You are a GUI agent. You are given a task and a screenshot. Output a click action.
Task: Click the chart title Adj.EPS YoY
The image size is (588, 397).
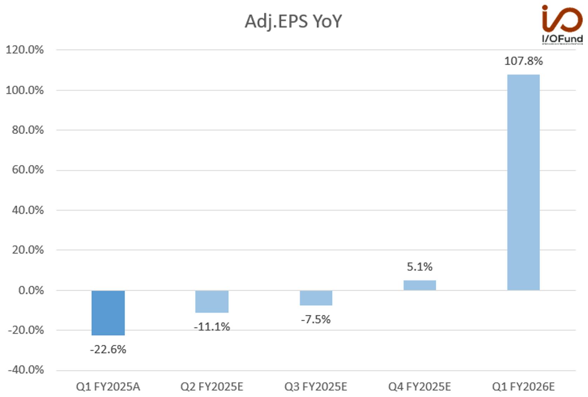coord(293,21)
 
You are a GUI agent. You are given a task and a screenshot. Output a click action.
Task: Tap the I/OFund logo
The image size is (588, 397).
coord(562,24)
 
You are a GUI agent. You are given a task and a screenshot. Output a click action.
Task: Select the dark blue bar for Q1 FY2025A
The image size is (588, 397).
coord(108,313)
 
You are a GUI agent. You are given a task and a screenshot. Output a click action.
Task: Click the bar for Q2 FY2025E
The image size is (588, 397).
coord(212,302)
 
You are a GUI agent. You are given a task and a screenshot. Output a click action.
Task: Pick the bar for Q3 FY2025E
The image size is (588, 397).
coord(316,298)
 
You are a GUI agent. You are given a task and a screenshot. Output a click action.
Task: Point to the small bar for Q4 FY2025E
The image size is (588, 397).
coord(420,285)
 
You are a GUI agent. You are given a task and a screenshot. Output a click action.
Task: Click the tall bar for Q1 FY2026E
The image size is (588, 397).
coord(523,182)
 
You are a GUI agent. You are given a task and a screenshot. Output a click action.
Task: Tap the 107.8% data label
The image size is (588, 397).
coord(523,61)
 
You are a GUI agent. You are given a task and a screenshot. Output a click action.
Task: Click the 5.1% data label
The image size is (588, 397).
coord(420,267)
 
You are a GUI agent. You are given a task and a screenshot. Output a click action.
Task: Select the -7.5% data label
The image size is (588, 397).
coord(316,319)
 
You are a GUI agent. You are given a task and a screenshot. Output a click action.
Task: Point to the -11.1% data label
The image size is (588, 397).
coord(212,327)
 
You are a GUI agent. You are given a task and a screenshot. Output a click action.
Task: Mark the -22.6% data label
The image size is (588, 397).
coord(108,350)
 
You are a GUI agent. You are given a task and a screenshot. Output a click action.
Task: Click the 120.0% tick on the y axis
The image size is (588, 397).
coord(25,49)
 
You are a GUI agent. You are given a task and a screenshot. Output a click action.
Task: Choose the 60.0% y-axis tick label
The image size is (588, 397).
coord(28,170)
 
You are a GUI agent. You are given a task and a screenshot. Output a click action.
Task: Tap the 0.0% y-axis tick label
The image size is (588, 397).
coord(31,290)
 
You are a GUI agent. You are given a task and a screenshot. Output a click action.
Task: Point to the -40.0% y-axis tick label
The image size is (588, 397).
coord(26,370)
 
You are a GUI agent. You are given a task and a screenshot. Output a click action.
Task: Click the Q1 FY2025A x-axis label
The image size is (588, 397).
coord(108,387)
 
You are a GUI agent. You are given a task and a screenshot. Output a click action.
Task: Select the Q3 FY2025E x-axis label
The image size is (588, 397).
coord(316,387)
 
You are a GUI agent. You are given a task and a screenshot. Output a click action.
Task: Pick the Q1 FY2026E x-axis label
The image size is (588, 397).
coord(523,387)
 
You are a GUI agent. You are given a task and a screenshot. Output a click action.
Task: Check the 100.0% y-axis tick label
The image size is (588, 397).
coord(25,90)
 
